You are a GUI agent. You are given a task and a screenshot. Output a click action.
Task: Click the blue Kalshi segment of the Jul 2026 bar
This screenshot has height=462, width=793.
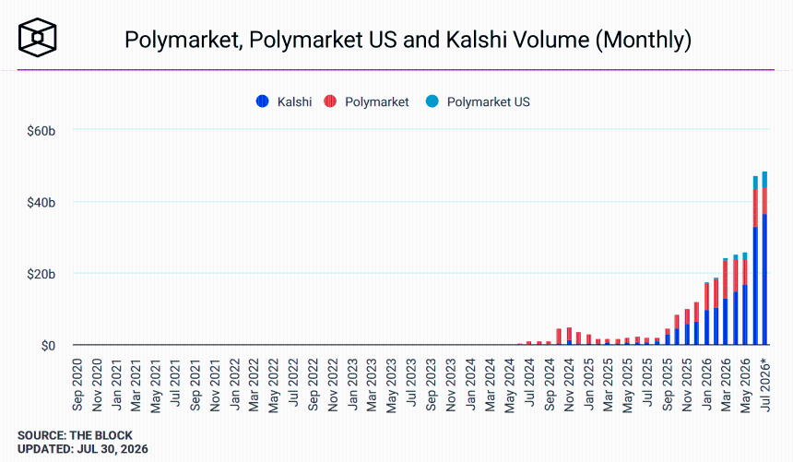coord(764,279)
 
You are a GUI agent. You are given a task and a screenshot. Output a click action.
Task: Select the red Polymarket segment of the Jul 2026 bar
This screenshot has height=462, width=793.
coord(764,201)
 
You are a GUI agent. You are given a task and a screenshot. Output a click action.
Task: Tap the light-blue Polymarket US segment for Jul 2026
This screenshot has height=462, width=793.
coord(764,180)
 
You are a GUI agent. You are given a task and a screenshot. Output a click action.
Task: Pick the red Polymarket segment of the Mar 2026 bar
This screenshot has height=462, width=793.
coord(726,279)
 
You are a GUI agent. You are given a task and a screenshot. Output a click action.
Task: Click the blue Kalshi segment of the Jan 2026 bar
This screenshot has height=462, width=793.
coord(707,327)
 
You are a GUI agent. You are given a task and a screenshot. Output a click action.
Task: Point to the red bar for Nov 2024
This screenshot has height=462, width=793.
coord(570,334)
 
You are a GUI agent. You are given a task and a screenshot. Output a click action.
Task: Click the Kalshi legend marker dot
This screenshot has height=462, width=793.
coord(263,101)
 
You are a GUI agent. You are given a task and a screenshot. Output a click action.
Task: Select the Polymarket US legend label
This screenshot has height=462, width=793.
coord(489,102)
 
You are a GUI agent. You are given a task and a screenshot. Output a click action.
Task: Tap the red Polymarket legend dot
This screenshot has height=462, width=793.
coord(330,101)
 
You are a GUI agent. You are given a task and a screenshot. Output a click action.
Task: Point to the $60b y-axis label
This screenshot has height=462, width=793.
coord(41,131)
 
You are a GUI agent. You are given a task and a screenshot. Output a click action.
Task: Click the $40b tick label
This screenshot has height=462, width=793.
coord(41,203)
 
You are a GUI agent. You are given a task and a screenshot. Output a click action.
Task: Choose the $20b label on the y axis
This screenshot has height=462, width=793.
coord(41,274)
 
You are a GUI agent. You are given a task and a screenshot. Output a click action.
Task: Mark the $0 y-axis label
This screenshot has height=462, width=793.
coord(49,346)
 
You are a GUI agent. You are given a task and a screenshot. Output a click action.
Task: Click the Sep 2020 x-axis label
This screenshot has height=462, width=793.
coord(77,385)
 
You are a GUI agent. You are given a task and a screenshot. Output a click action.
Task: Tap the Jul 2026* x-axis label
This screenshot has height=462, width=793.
coord(765,385)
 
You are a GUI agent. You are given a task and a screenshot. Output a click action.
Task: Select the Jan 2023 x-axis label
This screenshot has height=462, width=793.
coord(352,385)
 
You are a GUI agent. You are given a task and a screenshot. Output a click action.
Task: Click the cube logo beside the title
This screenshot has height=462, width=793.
coord(38,38)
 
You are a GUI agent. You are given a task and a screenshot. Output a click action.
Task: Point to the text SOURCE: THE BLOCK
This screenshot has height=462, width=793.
coord(75,435)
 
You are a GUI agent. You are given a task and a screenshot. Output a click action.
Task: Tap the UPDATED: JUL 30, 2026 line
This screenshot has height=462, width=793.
coord(83,449)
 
